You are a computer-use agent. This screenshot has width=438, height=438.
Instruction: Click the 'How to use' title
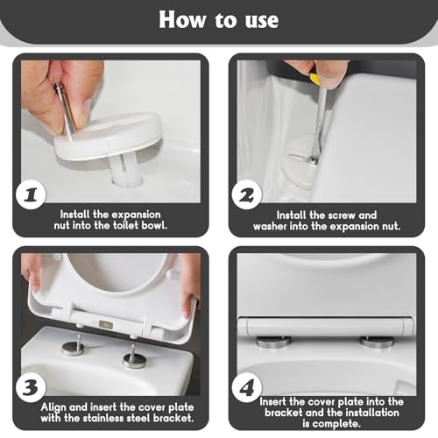tap(218, 20)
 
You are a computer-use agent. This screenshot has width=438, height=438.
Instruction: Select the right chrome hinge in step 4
tap(380, 339)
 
